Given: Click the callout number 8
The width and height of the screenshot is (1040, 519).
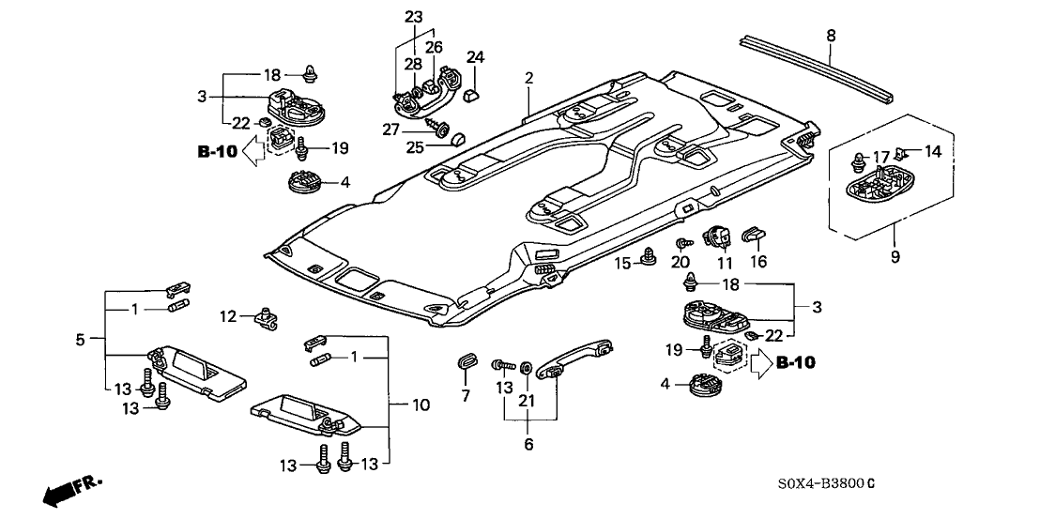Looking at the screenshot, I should pyautogui.click(x=830, y=37).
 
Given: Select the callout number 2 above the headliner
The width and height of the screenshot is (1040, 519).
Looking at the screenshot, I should pyautogui.click(x=528, y=79).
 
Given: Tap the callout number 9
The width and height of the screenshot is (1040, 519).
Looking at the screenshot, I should pyautogui.click(x=895, y=256).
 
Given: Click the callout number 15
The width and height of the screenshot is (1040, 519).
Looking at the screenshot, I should pyautogui.click(x=620, y=265).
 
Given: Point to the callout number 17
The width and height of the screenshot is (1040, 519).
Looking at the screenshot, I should pyautogui.click(x=880, y=156).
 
